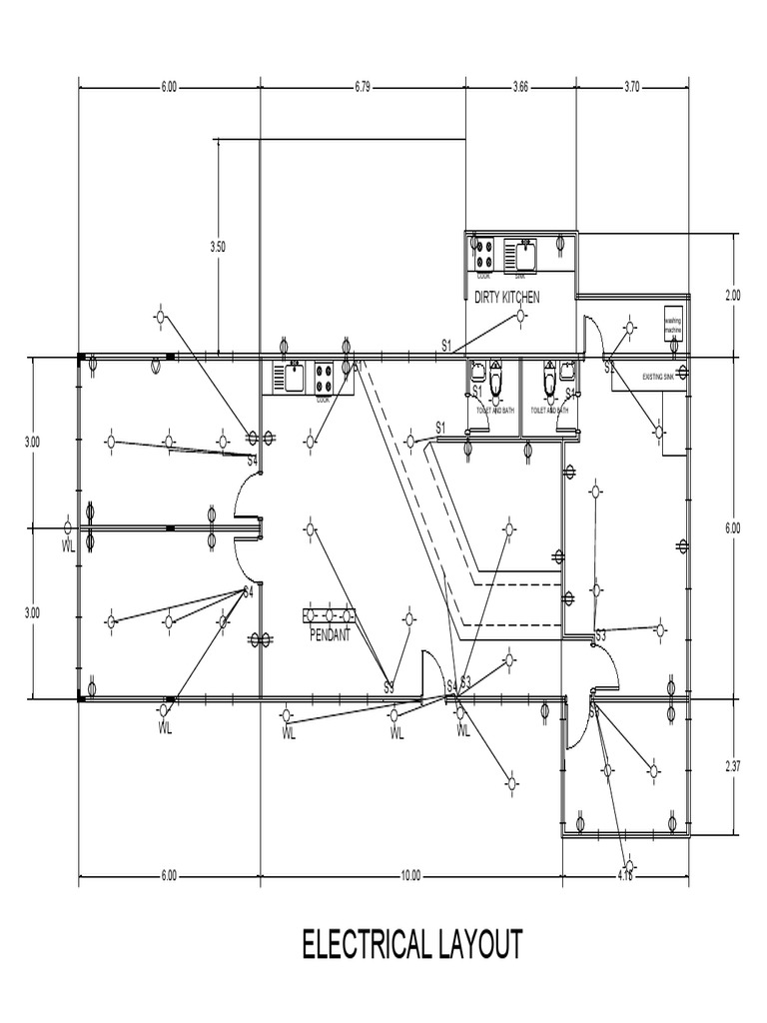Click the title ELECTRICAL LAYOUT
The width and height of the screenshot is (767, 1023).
click(x=411, y=944)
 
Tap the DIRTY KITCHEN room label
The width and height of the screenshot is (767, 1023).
click(x=506, y=297)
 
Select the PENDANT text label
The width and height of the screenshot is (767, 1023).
click(x=330, y=634)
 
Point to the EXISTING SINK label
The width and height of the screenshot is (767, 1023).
click(x=658, y=379)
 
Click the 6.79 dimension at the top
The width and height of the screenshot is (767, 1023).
click(x=362, y=87)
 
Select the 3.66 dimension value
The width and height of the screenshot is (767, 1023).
click(x=519, y=87)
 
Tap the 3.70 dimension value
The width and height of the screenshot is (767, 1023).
click(x=631, y=87)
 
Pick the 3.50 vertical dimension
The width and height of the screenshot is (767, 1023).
click(x=218, y=245)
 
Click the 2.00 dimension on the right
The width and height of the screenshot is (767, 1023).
click(x=733, y=295)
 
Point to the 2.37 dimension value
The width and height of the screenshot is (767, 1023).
click(x=733, y=766)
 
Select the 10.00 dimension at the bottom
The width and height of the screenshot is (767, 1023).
click(x=410, y=876)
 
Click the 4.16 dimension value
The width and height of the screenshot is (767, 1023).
click(x=626, y=876)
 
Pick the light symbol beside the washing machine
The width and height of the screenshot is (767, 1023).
click(x=630, y=327)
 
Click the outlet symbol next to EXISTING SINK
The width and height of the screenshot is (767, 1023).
click(x=683, y=373)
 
